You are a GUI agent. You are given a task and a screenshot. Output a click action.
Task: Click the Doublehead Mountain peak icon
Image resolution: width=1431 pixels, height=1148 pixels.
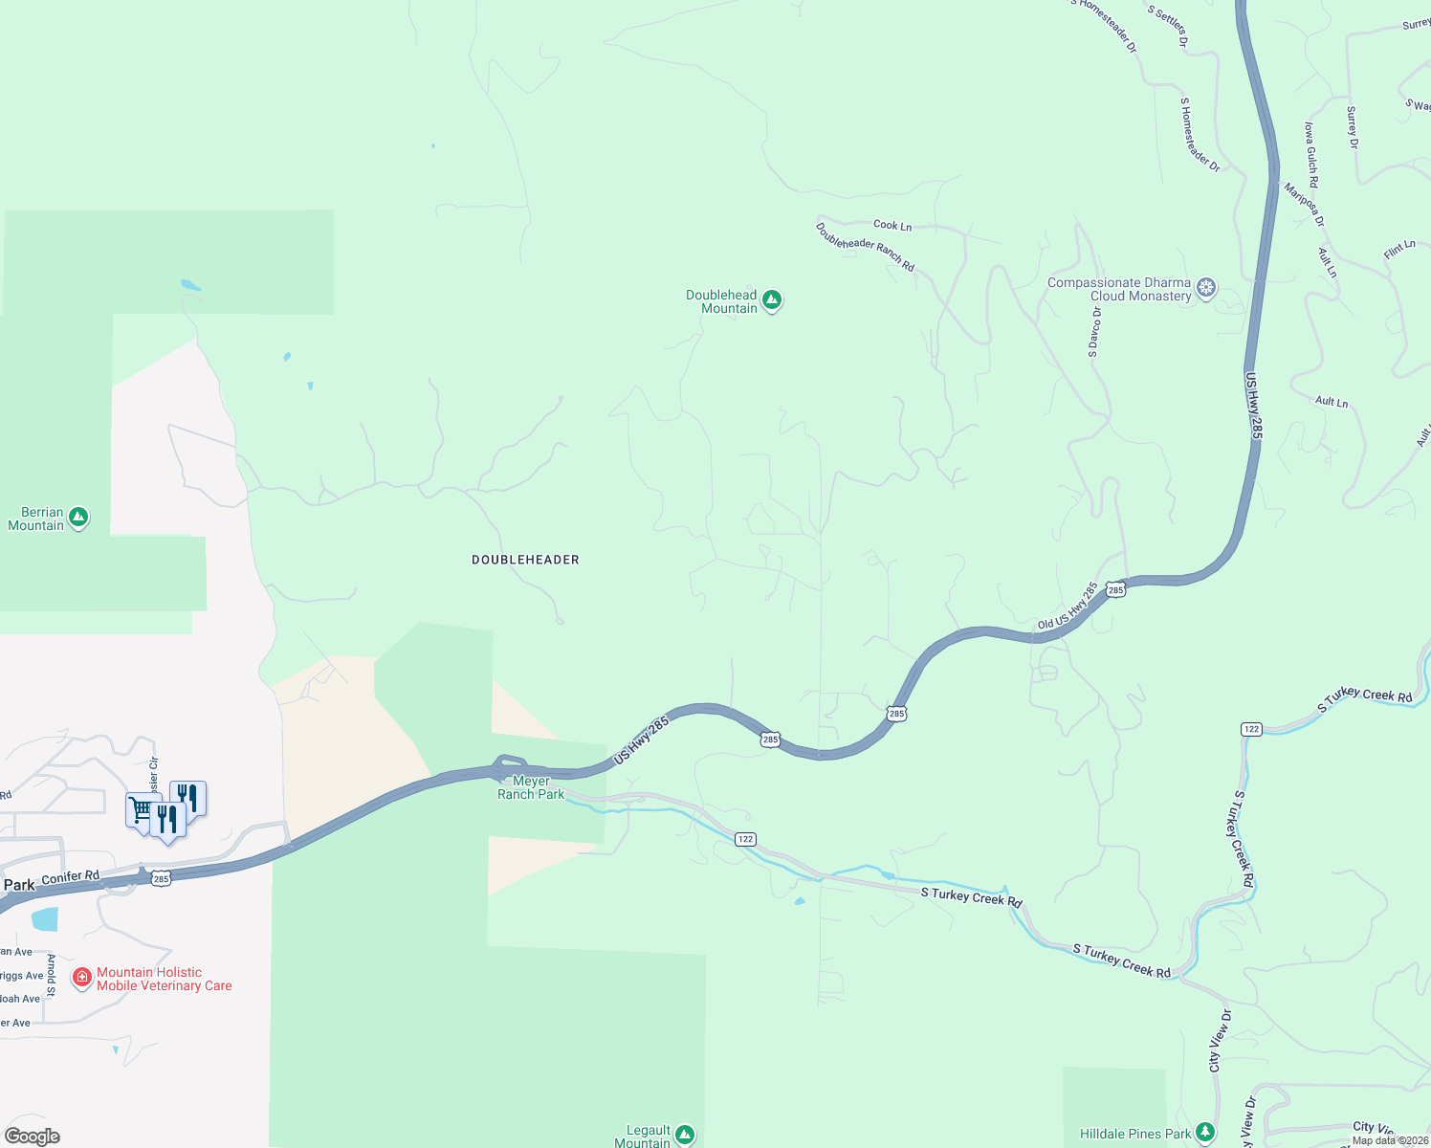tap(772, 300)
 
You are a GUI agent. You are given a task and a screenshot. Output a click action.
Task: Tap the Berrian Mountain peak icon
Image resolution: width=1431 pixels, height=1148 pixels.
tap(78, 518)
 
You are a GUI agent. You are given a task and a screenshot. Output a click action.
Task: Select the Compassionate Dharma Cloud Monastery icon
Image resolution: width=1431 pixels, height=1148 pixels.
tap(1207, 288)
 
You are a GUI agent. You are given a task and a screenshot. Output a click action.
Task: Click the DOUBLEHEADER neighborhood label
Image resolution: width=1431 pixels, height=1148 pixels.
tap(525, 560)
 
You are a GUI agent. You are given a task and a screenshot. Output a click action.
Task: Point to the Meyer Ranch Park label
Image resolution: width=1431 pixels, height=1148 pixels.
tap(531, 787)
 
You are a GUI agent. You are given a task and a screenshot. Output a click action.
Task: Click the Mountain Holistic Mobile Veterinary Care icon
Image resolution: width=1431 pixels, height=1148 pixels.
tap(82, 978)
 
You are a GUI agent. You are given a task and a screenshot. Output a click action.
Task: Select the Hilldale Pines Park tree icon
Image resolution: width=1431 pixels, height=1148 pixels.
tap(1205, 1134)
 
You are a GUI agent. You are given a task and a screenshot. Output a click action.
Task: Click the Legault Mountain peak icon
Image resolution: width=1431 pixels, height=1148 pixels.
tap(684, 1136)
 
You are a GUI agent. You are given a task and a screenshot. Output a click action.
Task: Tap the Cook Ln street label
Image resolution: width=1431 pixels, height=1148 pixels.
tap(892, 226)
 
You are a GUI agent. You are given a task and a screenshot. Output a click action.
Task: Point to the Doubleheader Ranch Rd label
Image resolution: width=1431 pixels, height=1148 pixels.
tap(865, 247)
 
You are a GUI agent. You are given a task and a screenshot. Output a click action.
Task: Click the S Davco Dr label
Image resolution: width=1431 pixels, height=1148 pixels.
tap(1093, 333)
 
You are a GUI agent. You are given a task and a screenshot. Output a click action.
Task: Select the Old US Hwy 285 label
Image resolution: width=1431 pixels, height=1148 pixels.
tap(1068, 607)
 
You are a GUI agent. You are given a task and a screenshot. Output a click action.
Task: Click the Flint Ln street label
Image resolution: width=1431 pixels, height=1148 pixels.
tap(1399, 251)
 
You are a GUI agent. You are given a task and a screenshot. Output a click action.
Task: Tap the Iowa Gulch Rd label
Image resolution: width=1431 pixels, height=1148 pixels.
tap(1310, 154)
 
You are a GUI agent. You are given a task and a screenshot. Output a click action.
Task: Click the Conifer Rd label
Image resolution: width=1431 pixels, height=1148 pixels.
tap(71, 877)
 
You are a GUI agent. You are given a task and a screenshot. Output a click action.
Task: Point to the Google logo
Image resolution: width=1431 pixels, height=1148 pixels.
tap(33, 1137)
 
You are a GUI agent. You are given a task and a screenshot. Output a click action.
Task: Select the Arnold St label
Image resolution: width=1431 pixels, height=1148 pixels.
tap(52, 974)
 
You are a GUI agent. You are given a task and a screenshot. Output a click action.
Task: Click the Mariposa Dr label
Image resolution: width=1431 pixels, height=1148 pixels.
tap(1305, 204)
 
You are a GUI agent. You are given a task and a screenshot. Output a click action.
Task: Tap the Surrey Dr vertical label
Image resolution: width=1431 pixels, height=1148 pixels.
tap(1352, 127)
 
